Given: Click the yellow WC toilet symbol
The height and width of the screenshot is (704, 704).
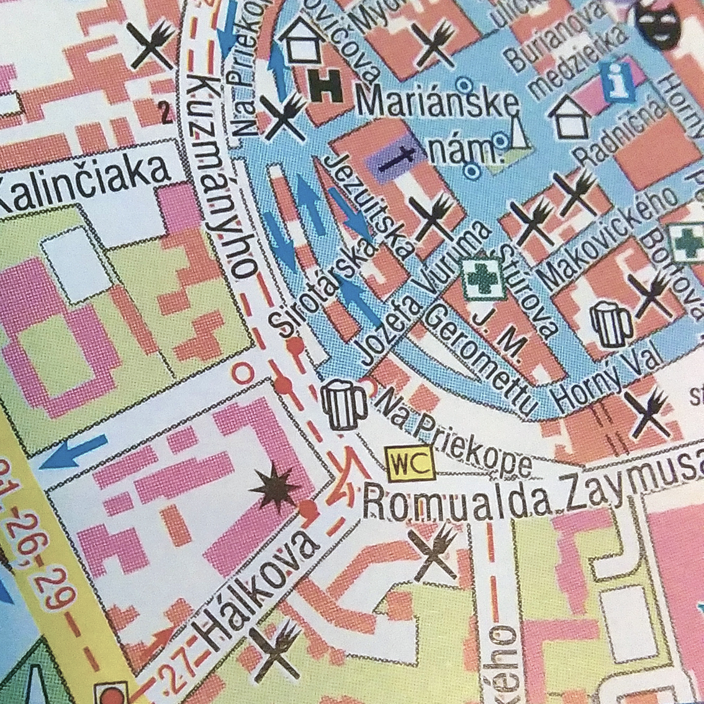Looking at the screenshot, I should point(410,463).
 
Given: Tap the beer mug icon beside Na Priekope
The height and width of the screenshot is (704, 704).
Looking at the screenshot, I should point(343,405).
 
